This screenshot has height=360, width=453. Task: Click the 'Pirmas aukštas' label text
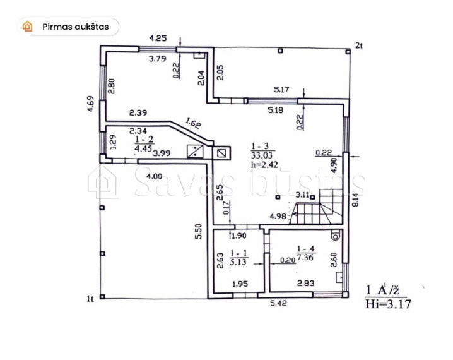(76, 27)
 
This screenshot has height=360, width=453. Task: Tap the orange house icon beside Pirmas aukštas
(28, 27)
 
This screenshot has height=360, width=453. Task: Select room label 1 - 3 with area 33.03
(262, 150)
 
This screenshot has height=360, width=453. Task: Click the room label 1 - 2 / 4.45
(144, 144)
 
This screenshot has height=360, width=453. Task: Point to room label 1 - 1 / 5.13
(238, 258)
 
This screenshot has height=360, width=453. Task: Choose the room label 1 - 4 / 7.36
(305, 253)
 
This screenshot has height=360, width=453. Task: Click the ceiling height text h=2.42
(264, 165)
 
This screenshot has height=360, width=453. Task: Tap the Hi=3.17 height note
(388, 304)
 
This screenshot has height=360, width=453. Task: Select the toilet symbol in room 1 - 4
(336, 236)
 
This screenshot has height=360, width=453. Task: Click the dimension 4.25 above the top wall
(158, 38)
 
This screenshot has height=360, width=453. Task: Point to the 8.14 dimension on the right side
(356, 200)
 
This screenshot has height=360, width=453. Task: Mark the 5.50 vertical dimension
(198, 231)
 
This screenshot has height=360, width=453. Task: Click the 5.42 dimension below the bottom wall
(278, 303)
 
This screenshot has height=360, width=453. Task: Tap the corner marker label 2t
(359, 45)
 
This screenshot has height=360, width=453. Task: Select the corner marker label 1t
(90, 299)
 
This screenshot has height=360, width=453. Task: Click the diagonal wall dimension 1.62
(192, 123)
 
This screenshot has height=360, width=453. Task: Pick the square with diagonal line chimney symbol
(221, 152)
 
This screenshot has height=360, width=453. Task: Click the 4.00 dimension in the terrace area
(155, 176)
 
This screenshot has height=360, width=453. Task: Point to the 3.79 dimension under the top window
(158, 59)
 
